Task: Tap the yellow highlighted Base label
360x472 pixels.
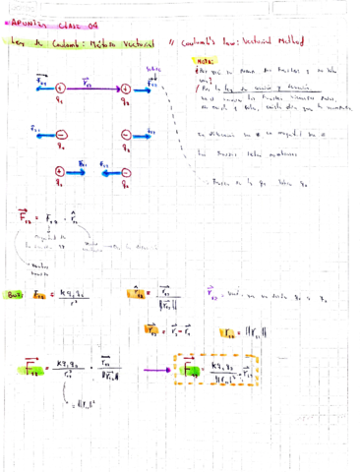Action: tap(15, 292)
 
